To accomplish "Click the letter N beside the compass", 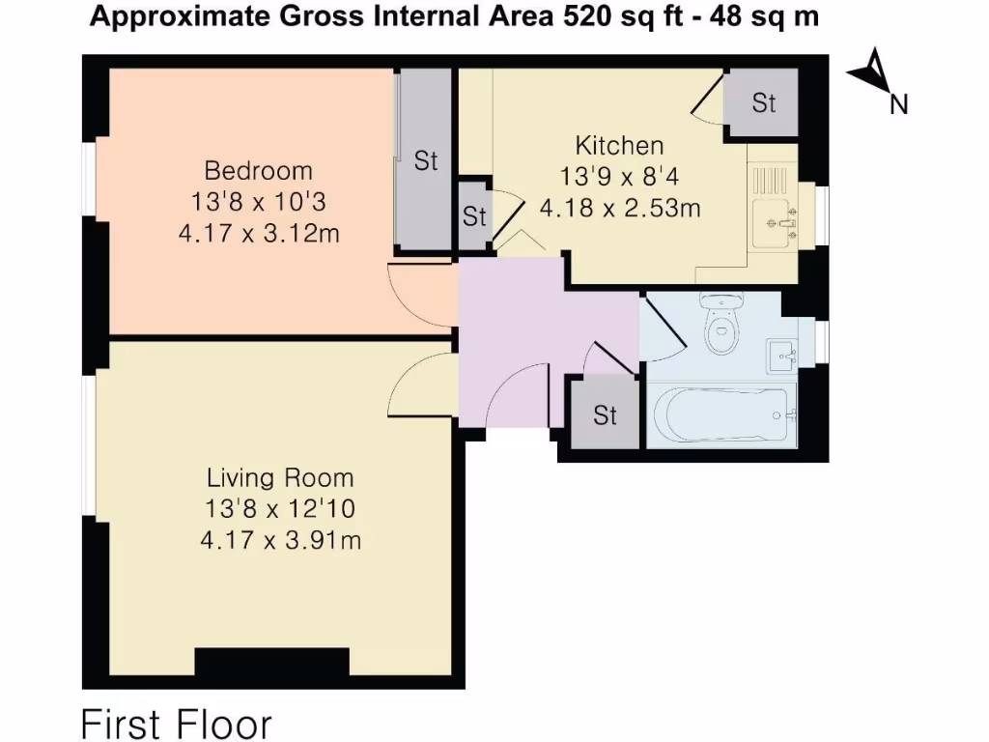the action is [899, 104].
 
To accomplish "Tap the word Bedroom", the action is [258, 171].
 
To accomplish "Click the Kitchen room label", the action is [619, 146].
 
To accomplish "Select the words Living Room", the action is [280, 477].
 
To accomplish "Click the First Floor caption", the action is [177, 723].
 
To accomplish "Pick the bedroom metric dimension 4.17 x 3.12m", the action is [259, 234].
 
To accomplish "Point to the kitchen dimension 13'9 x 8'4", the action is [619, 177].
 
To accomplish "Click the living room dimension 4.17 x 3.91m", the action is [281, 540].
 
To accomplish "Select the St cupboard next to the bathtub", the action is [605, 414].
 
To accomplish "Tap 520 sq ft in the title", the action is [622, 15].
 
